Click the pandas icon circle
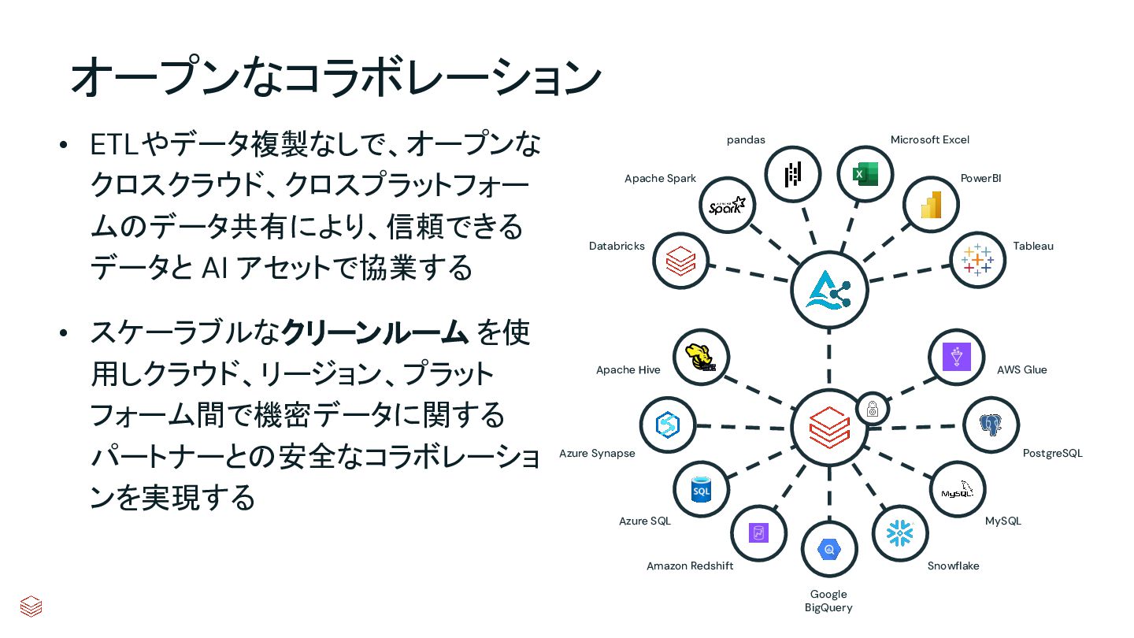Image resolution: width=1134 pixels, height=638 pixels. coord(792,175)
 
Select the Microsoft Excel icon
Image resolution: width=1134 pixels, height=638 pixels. coord(864,174)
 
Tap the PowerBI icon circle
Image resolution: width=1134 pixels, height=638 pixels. coord(931,205)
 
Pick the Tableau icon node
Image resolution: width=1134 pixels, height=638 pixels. coord(978,260)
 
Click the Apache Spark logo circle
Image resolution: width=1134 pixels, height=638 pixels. coord(727,206)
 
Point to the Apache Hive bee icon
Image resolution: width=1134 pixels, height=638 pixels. coord(701,358)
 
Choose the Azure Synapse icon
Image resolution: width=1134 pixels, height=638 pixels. coord(668,425)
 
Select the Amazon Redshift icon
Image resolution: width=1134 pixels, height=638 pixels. coord(758,533)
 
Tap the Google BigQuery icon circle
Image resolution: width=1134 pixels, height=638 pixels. coord(828,549)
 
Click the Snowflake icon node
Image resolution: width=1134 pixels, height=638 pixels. coord(900,533)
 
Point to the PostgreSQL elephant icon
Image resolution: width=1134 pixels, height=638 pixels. coord(991,425)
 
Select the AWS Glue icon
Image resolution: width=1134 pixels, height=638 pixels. coord(957,358)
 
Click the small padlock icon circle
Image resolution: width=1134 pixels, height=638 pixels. coord(873,409)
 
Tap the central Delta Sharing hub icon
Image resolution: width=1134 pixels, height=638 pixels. coord(828,290)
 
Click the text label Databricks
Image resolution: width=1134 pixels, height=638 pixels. coord(617,247)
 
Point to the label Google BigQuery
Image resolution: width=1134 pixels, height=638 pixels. coord(828,601)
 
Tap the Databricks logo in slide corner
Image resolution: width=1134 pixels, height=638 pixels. coord(31,606)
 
